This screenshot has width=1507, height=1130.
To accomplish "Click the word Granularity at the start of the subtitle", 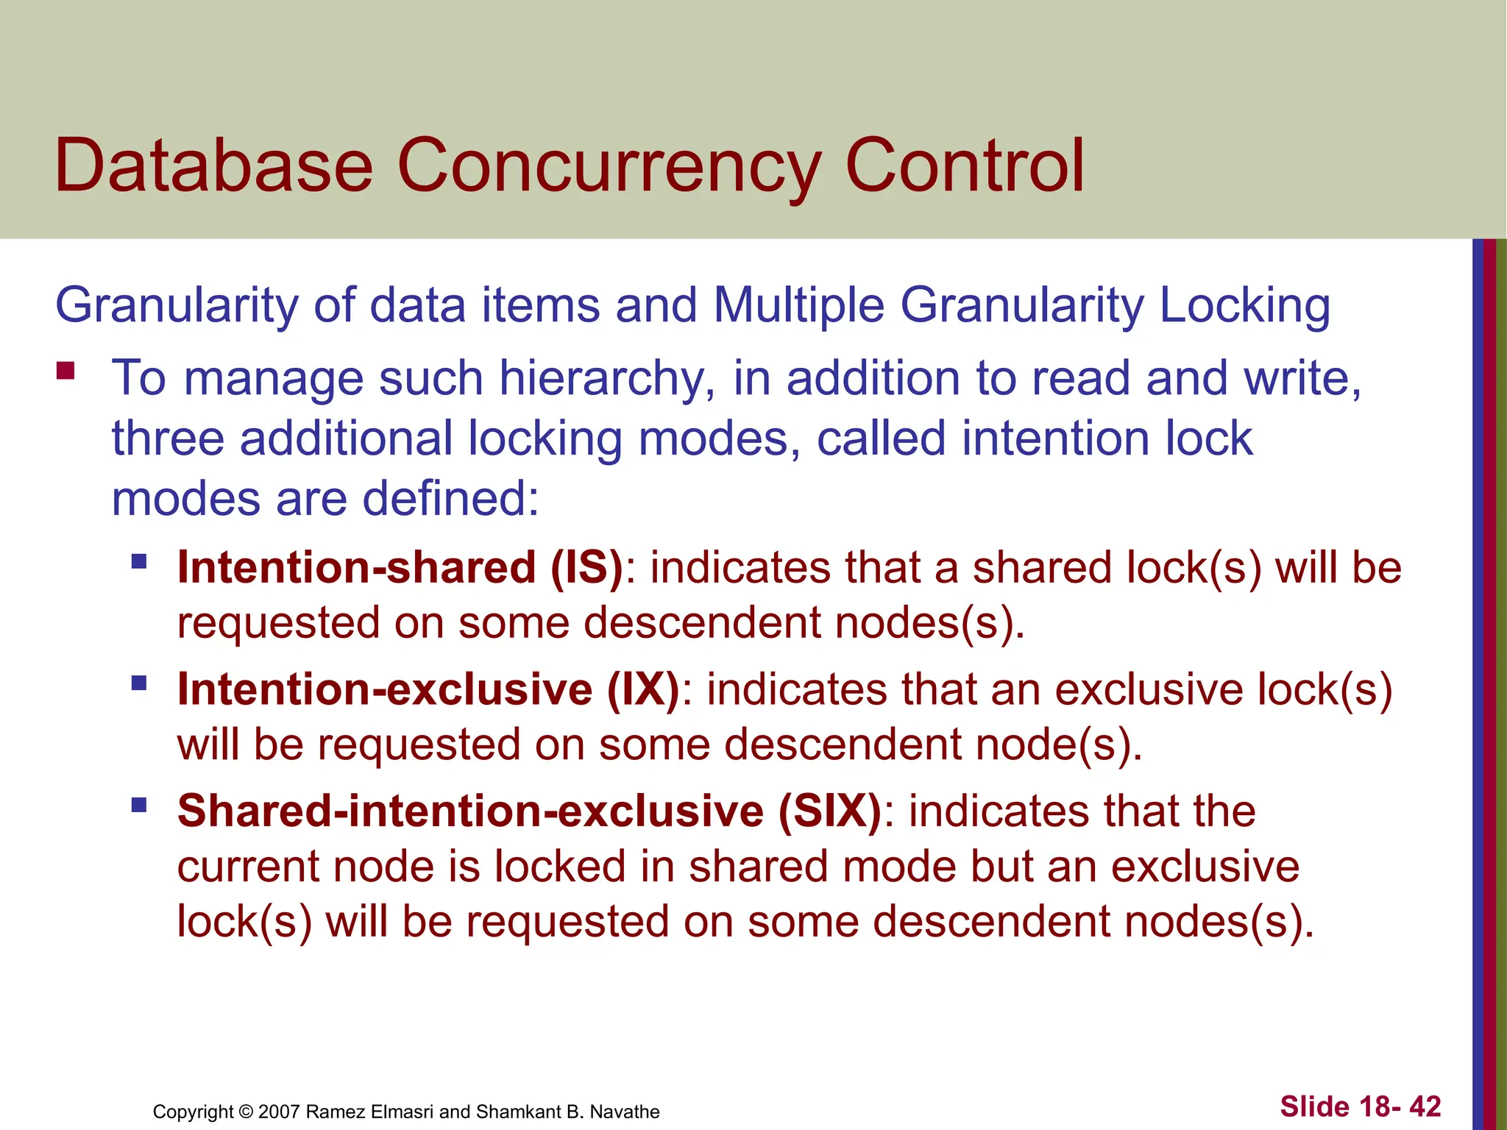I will click(x=177, y=306).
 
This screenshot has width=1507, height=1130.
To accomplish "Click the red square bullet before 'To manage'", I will click(x=65, y=370).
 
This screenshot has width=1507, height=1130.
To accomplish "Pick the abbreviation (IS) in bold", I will click(x=586, y=568).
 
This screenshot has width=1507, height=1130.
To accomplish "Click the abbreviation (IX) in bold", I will click(x=643, y=690).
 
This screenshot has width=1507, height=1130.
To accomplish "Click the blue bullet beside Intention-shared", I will click(x=139, y=563).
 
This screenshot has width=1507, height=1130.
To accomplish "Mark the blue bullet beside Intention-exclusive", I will click(x=139, y=684).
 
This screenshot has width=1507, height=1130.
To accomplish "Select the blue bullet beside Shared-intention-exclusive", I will click(x=139, y=805).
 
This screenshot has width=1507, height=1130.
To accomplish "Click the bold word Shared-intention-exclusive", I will click(x=470, y=811).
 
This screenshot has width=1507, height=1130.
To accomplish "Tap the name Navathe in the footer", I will click(x=625, y=1112).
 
